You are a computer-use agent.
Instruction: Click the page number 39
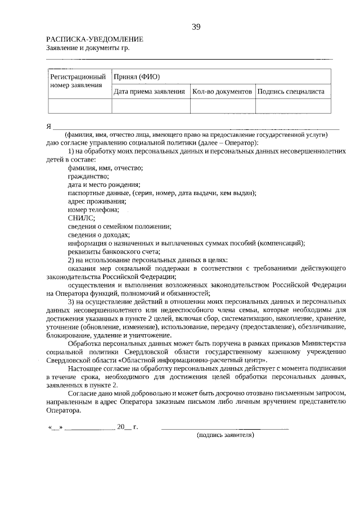click(196, 26)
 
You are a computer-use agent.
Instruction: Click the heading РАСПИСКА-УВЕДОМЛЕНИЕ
click(94, 39)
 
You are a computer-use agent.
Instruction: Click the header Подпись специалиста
click(291, 91)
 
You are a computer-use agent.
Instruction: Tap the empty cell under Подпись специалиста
click(292, 106)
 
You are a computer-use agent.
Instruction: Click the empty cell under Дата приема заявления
click(151, 106)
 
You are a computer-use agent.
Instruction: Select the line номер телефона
click(93, 210)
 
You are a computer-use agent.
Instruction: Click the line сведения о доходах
click(98, 235)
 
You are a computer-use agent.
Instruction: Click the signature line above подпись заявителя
click(225, 428)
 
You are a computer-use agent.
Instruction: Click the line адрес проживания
click(96, 201)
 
